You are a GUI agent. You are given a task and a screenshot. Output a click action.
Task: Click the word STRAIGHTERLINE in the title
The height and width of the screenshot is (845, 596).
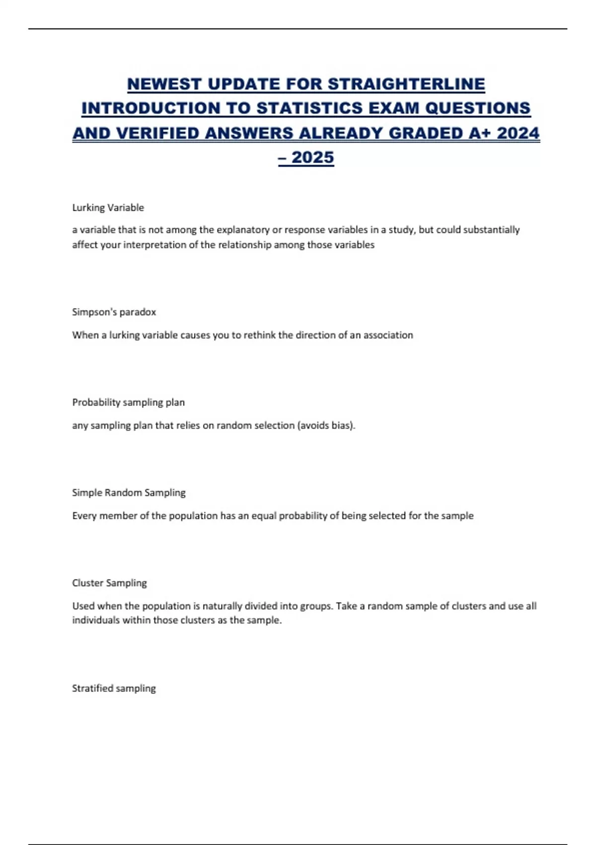pyautogui.click(x=406, y=84)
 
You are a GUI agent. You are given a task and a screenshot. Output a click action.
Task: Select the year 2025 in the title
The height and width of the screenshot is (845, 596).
pyautogui.click(x=313, y=158)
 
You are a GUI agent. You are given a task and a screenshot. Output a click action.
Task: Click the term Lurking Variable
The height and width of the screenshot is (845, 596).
pyautogui.click(x=108, y=208)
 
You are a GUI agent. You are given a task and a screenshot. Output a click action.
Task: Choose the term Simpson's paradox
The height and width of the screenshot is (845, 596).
pyautogui.click(x=114, y=312)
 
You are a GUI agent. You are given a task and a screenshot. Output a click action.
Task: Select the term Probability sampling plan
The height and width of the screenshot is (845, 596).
pyautogui.click(x=128, y=402)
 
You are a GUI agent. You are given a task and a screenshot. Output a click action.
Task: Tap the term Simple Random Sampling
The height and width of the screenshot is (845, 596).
pyautogui.click(x=129, y=493)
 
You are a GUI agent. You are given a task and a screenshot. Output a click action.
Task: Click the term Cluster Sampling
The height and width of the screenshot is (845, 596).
pyautogui.click(x=109, y=583)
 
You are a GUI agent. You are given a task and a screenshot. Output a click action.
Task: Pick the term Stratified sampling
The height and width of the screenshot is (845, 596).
pyautogui.click(x=114, y=688)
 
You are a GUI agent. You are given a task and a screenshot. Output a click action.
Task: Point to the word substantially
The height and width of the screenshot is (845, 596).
pyautogui.click(x=491, y=230)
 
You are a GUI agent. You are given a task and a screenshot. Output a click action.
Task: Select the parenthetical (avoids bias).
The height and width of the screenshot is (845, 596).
pyautogui.click(x=326, y=425)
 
